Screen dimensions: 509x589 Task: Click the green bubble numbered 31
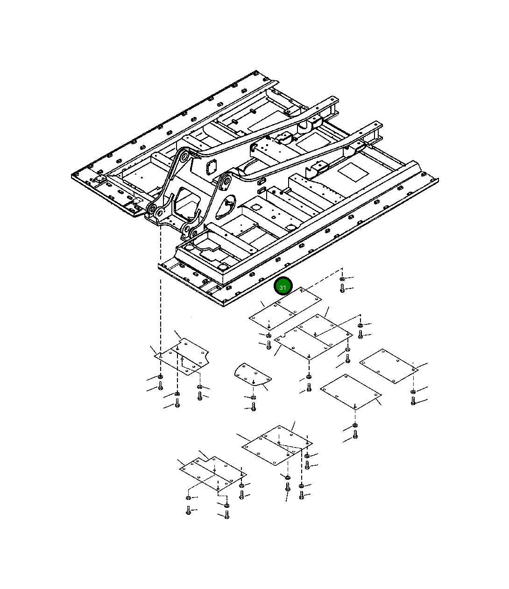coord(283,286)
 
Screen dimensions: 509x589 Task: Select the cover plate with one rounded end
coord(253,374)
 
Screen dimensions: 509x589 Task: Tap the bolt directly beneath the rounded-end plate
coord(254,407)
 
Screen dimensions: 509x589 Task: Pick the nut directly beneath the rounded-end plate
coord(253,397)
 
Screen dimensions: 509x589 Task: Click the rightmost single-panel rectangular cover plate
coord(389,366)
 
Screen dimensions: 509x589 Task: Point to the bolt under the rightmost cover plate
coord(413,401)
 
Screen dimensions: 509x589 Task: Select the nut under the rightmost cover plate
coord(413,392)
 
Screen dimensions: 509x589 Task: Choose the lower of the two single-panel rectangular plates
coord(351,392)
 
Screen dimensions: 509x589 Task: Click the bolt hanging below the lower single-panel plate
coord(355,434)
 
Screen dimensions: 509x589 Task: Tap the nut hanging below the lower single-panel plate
coord(355,425)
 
